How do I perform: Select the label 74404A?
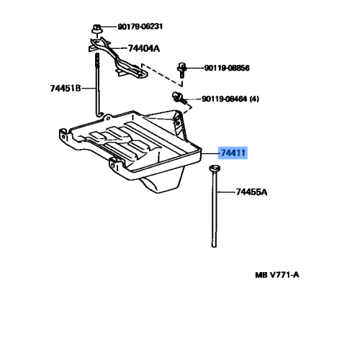(x=144, y=50)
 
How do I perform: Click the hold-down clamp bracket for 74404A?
(x=119, y=59)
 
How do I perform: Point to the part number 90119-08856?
(x=227, y=69)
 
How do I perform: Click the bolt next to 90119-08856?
(x=181, y=71)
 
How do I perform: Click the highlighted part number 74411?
(x=234, y=153)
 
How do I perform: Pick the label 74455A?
(x=251, y=192)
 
